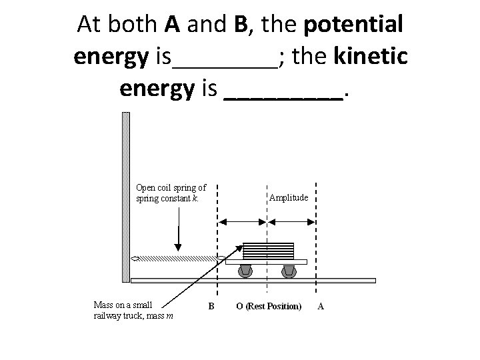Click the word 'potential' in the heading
click(x=353, y=25)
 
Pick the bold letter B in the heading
click(x=240, y=25)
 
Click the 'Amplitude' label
click(x=288, y=197)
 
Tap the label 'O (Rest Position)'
click(x=269, y=307)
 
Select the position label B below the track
click(x=211, y=307)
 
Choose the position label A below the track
click(x=321, y=307)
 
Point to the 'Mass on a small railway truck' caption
click(x=133, y=311)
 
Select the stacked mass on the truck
click(x=267, y=251)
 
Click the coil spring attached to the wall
click(x=177, y=258)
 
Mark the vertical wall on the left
click(x=125, y=197)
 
